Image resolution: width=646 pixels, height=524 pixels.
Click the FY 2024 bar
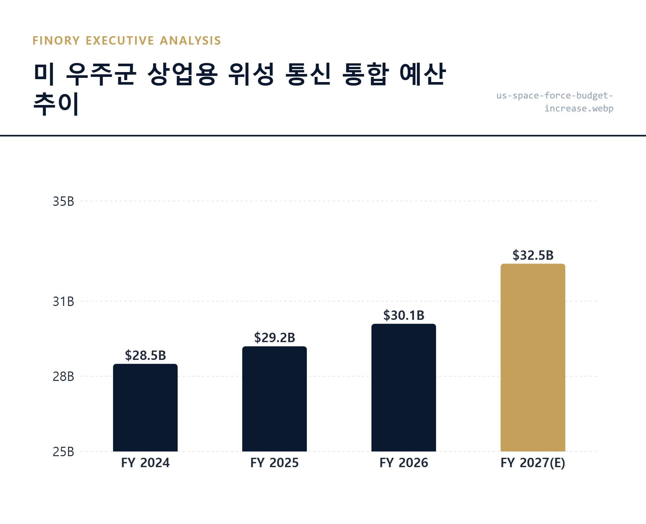tap(145, 408)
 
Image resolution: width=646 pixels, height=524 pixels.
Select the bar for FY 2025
tap(275, 399)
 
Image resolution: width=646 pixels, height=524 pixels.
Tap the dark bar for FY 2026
tap(404, 388)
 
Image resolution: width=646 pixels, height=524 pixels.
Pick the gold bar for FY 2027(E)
tap(533, 358)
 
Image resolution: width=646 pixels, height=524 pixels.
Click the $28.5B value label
tap(145, 355)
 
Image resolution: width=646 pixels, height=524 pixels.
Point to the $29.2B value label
tap(275, 338)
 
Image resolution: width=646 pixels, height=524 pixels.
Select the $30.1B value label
tap(404, 315)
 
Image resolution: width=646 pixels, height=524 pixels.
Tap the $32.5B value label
tap(533, 255)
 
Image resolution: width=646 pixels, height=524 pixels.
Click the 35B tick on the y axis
tap(63, 202)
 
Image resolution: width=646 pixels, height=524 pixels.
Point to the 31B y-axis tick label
tap(63, 302)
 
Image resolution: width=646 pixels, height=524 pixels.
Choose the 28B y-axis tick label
tap(63, 377)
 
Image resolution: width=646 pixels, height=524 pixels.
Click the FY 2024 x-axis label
tap(145, 463)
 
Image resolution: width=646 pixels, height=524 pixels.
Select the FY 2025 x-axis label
tap(275, 463)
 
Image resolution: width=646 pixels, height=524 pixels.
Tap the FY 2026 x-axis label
tap(404, 463)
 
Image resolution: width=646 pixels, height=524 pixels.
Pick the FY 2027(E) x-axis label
tap(533, 463)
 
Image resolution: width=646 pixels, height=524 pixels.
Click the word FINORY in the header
tap(56, 41)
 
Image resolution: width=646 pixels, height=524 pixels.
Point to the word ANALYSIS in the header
tap(190, 41)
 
